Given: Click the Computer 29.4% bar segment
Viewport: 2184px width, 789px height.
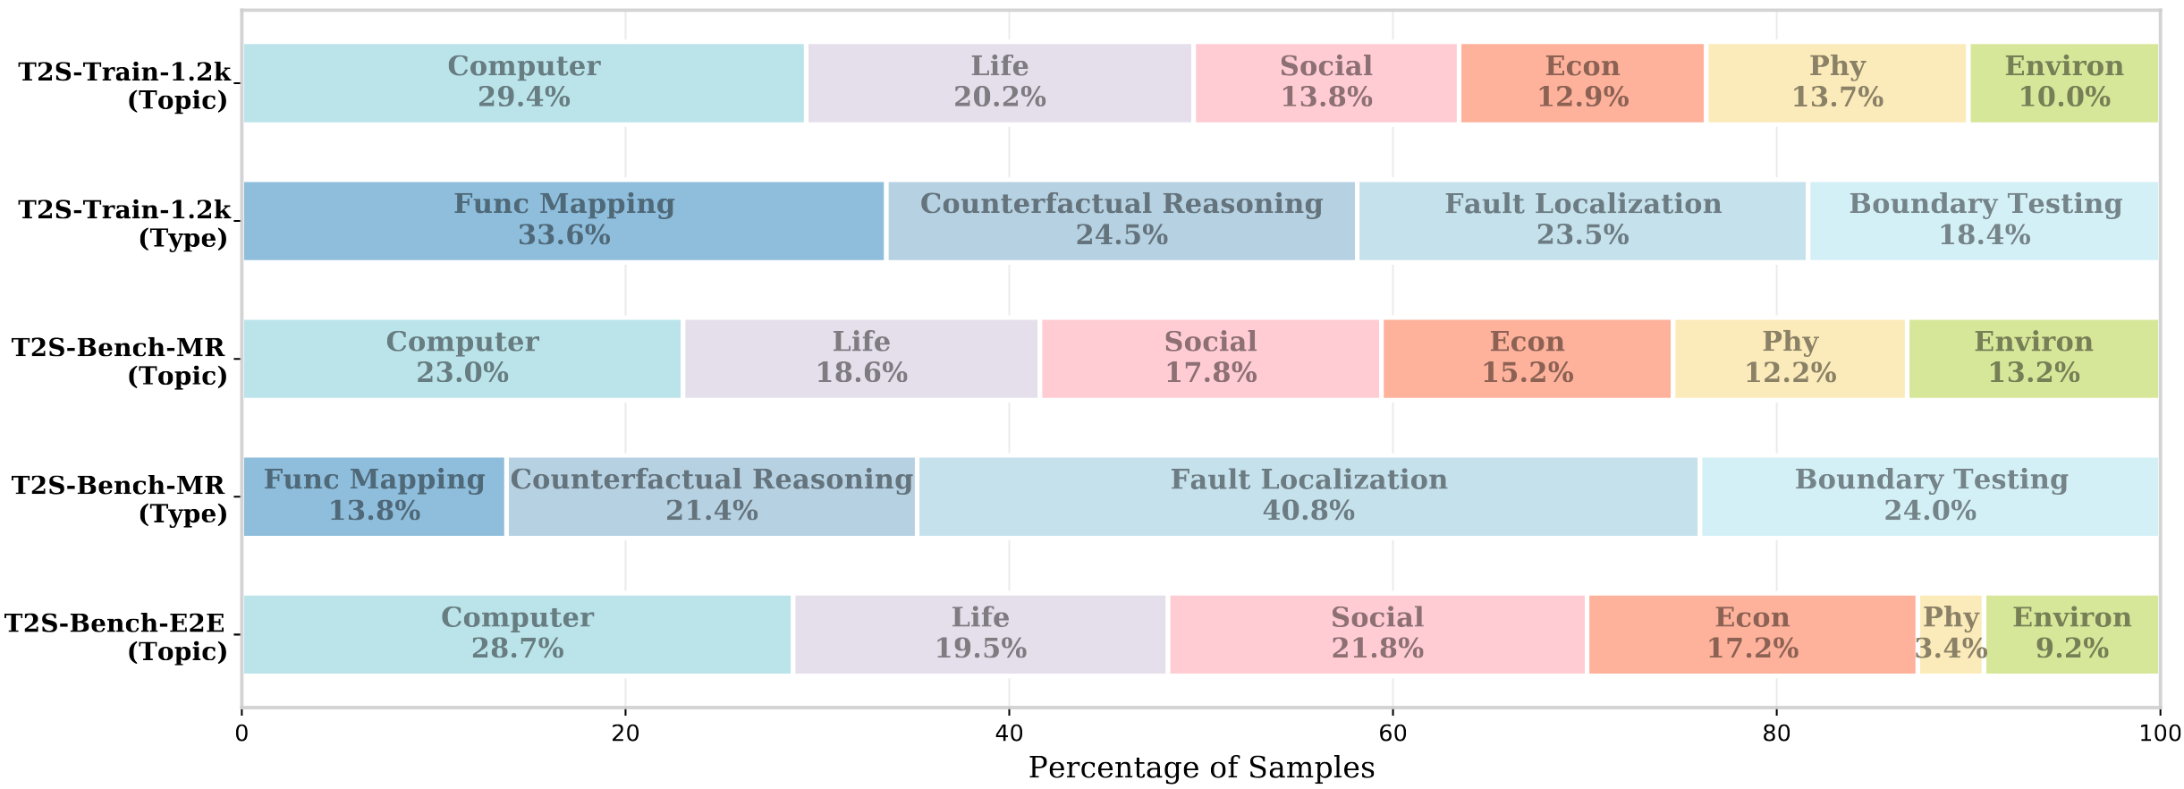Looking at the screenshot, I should [x=524, y=83].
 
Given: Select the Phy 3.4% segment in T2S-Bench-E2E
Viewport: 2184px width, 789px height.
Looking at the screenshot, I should [x=1951, y=634].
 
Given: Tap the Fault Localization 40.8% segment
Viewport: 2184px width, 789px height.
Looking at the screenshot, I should [x=1308, y=496].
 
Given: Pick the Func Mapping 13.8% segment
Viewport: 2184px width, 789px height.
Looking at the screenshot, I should [x=374, y=496].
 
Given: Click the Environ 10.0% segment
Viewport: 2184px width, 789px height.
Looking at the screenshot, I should [x=2064, y=83].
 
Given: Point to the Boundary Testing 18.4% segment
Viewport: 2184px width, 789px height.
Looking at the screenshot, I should [x=1985, y=221].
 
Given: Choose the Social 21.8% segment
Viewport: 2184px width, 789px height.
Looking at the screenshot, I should [x=1377, y=634].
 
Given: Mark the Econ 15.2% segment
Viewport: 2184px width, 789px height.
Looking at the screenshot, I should [x=1527, y=359].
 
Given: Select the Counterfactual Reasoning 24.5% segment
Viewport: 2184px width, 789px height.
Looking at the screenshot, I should [x=1122, y=221].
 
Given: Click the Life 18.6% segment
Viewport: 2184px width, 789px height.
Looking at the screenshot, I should [x=861, y=359].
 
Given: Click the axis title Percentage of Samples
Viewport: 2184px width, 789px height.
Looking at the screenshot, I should [x=1201, y=768].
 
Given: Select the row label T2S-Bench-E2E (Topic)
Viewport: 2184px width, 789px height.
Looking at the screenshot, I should [x=115, y=636].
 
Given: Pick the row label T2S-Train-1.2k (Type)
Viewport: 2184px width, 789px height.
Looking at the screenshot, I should [x=124, y=223].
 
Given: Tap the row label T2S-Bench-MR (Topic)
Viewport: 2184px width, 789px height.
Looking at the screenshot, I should [x=119, y=361].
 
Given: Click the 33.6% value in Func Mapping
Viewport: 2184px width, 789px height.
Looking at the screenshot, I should [x=564, y=235].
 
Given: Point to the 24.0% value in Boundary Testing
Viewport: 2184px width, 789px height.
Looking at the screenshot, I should [x=1930, y=511].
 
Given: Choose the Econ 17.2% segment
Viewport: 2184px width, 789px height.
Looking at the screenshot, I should [x=1752, y=634].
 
